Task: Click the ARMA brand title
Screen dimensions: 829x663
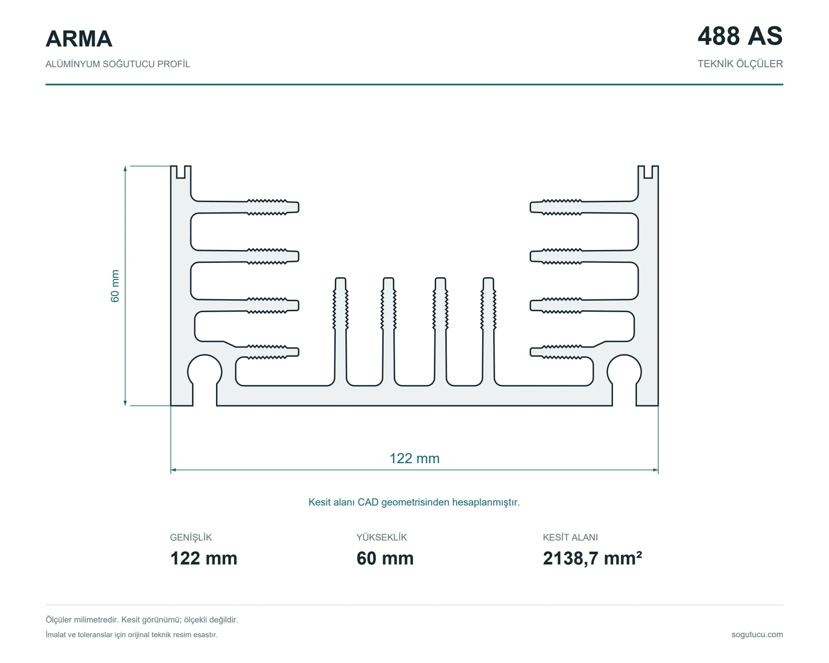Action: (x=79, y=39)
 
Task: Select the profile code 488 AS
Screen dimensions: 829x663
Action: (x=740, y=36)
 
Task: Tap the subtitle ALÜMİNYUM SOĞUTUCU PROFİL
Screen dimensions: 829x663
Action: (x=117, y=64)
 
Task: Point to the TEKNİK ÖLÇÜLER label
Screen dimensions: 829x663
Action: (x=740, y=64)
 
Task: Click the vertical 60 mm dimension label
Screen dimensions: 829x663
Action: (x=115, y=286)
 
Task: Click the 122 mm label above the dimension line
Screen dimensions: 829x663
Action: (x=414, y=459)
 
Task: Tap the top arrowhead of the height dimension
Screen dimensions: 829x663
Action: (x=125, y=169)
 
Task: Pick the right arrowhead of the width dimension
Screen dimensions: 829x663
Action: (x=655, y=470)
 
